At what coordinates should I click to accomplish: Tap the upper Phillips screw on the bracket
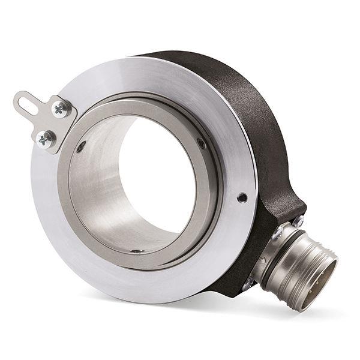tap(59, 109)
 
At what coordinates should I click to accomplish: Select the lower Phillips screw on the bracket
tap(44, 140)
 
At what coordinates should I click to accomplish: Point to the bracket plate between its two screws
tap(52, 125)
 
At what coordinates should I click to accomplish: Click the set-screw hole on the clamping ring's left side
tap(80, 146)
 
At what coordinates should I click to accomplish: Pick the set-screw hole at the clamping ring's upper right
tap(202, 143)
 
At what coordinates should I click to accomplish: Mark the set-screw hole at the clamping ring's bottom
tap(137, 250)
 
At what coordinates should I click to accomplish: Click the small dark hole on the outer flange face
tap(241, 197)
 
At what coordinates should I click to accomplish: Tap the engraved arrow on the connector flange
tap(264, 259)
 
